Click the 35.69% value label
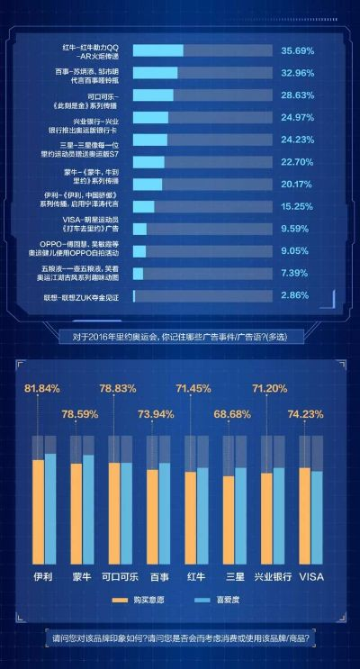tap(298, 51)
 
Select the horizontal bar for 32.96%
tap(155, 73)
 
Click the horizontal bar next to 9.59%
tap(139, 229)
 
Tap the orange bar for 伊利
tap(38, 511)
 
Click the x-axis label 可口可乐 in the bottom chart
tap(120, 575)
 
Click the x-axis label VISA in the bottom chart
tap(310, 575)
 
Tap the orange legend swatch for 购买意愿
tap(120, 600)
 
